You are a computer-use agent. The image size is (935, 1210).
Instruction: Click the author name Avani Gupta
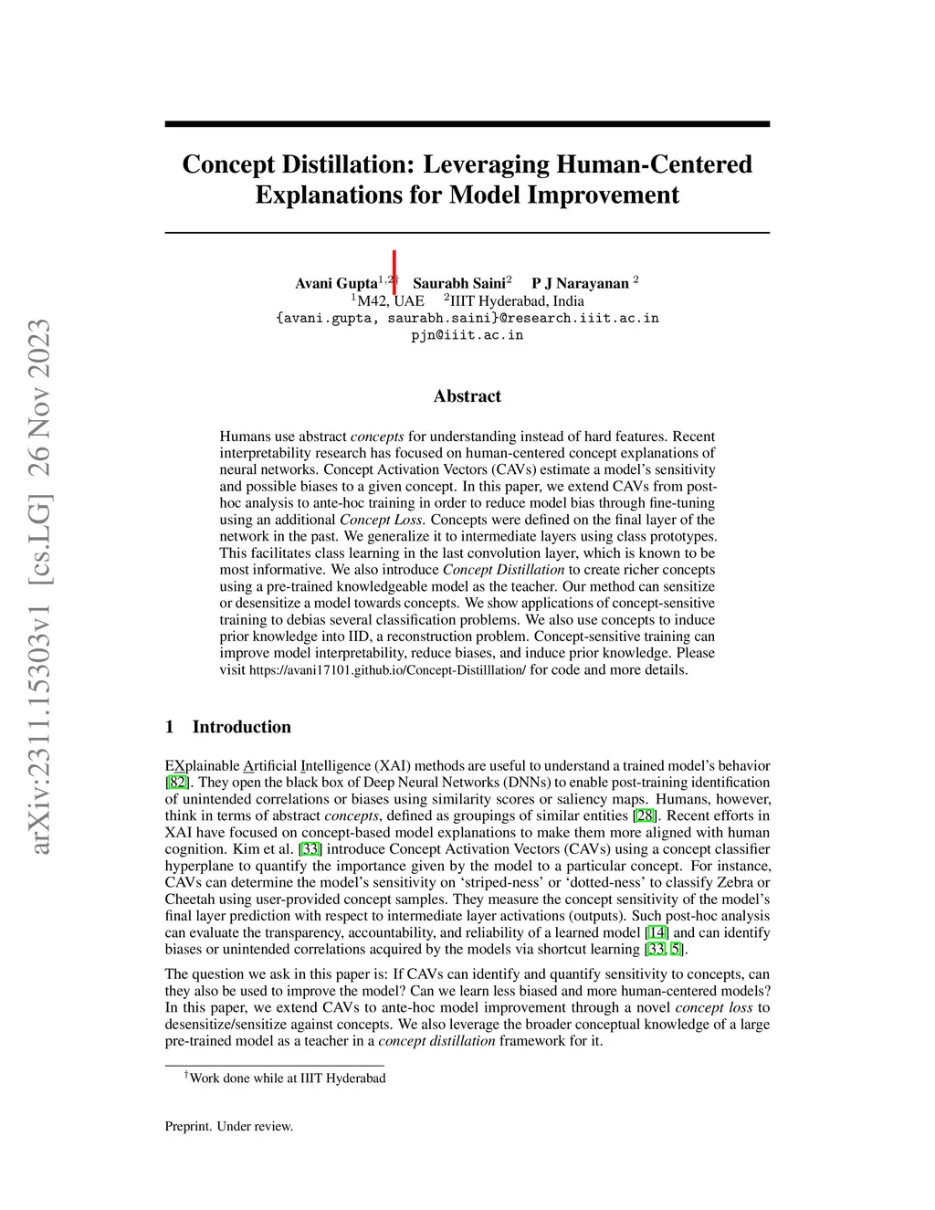335,283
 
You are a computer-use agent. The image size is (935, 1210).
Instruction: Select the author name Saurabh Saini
458,283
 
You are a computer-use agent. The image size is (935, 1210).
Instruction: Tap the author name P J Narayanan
580,283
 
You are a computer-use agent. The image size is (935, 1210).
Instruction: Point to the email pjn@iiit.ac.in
467,335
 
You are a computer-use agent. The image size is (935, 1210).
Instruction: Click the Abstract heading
467,396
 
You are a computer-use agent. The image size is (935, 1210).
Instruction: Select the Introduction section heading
241,727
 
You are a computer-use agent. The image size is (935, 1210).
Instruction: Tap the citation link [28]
645,815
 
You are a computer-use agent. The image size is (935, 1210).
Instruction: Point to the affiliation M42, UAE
390,300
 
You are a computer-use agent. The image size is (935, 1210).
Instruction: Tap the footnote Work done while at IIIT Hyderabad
287,1078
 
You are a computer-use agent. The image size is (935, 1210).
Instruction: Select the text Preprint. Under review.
229,1126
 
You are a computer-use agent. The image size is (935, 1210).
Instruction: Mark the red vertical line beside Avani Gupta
394,272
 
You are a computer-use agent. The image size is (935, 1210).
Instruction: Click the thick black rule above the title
467,123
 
